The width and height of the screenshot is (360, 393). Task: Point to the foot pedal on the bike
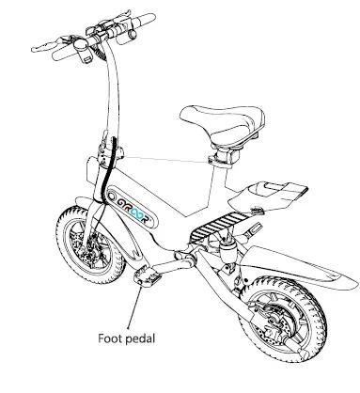tap(149, 277)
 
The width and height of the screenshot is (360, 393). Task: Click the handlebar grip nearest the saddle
tap(141, 22)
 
